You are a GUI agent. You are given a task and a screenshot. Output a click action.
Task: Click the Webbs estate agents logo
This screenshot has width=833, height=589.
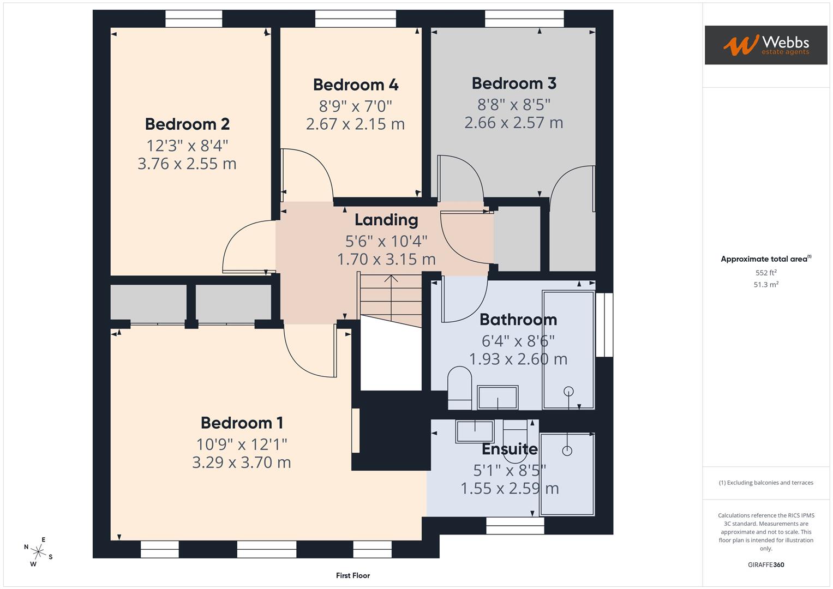pyautogui.click(x=765, y=45)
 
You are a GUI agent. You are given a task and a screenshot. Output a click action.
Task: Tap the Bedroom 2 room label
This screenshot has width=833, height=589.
pyautogui.click(x=187, y=124)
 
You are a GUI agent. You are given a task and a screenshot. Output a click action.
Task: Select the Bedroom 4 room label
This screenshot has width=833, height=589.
pyautogui.click(x=355, y=85)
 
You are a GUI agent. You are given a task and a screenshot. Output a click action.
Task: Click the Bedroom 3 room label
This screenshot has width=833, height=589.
pyautogui.click(x=513, y=83)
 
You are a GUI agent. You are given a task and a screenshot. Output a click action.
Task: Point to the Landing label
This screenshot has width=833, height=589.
pyautogui.click(x=386, y=220)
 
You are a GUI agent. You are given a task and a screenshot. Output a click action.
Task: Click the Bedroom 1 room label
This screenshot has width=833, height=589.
pyautogui.click(x=241, y=423)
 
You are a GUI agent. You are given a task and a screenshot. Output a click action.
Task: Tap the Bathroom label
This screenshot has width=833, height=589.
pyautogui.click(x=518, y=320)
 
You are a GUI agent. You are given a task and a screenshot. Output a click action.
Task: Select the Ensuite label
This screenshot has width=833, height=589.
pyautogui.click(x=510, y=449)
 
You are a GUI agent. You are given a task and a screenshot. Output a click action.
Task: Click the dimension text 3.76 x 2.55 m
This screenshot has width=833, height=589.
pyautogui.click(x=187, y=164)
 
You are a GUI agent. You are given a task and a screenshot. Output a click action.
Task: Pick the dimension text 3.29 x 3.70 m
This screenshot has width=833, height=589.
pyautogui.click(x=241, y=462)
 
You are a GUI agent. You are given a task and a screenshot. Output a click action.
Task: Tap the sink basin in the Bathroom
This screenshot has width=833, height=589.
pyautogui.click(x=497, y=398)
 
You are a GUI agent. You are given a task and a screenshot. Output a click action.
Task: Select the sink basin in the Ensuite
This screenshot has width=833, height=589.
pyautogui.click(x=475, y=431)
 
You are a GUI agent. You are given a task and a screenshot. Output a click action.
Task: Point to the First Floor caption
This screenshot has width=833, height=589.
pyautogui.click(x=352, y=575)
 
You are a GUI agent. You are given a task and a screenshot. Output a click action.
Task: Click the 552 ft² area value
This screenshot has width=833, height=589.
pyautogui.click(x=765, y=273)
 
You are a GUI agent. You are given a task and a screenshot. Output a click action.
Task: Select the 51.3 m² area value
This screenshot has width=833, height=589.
pyautogui.click(x=765, y=285)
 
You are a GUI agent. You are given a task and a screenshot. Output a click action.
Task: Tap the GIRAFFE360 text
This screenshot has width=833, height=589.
pyautogui.click(x=765, y=564)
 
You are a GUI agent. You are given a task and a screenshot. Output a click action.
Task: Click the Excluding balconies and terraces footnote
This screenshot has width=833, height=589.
pyautogui.click(x=765, y=483)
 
